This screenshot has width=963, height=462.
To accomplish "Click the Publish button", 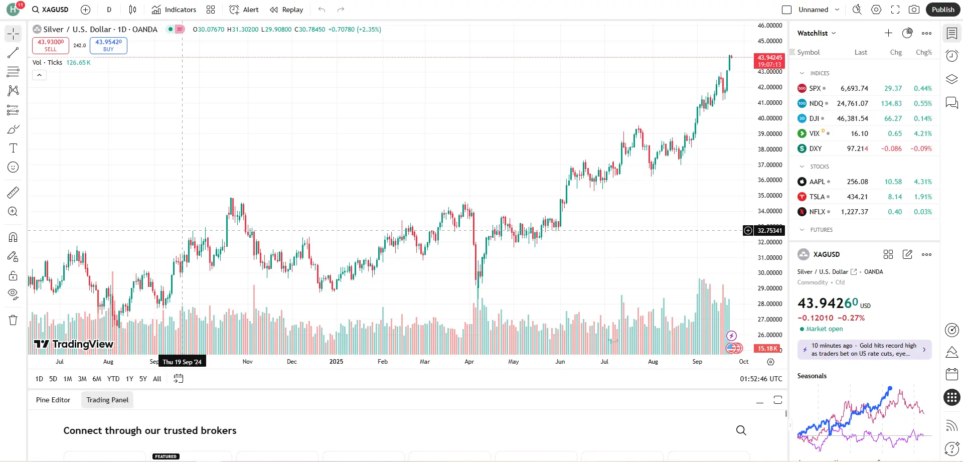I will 942,10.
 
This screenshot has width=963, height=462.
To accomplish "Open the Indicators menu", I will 174,10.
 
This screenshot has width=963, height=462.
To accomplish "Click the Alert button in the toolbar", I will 244,10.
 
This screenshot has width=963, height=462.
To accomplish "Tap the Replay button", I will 286,10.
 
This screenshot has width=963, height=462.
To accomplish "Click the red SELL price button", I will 51,45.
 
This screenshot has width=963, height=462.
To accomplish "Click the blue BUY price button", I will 108,45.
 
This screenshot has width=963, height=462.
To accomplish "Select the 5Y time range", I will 143,379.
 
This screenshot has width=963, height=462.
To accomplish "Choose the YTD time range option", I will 113,379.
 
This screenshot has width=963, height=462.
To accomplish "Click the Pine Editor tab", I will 53,400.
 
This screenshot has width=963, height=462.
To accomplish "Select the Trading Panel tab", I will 107,400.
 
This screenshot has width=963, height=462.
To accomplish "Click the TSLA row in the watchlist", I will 864,197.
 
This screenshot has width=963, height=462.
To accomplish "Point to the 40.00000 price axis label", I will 770,118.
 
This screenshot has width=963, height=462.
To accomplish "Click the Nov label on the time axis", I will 248,362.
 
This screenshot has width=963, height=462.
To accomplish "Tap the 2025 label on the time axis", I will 336,362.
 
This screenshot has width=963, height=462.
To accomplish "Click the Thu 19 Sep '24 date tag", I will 182,362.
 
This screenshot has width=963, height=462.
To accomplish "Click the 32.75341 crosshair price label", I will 769,231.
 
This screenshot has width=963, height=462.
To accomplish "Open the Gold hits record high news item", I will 864,350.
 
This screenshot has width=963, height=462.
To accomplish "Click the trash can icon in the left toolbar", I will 13,320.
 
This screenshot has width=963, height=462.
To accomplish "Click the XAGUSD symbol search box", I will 50,10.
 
